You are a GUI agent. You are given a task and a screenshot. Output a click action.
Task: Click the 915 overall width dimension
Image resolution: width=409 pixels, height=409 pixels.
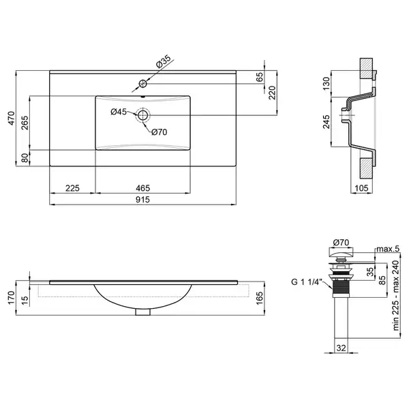click(x=142, y=200)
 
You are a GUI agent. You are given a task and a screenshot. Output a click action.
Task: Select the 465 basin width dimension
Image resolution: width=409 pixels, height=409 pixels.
click(x=142, y=188)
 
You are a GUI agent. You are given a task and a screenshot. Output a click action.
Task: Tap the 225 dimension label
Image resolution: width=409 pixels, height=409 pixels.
click(x=72, y=188)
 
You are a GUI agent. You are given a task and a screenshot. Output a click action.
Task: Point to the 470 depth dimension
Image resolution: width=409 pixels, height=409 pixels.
click(x=12, y=118)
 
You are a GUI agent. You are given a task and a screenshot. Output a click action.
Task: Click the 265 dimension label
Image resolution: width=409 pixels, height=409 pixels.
click(x=25, y=122)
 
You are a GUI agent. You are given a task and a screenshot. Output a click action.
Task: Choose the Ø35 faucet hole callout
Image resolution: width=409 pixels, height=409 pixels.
click(x=163, y=62)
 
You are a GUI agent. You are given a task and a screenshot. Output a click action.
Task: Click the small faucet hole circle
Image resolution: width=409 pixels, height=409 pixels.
click(x=142, y=84)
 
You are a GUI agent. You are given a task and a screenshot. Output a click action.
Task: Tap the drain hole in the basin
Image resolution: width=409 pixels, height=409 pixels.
click(x=142, y=115)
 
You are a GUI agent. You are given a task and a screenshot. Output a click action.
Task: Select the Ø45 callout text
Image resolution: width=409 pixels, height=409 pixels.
click(x=119, y=112)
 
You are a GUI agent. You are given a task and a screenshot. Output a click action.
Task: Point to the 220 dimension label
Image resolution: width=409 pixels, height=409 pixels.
click(x=272, y=93)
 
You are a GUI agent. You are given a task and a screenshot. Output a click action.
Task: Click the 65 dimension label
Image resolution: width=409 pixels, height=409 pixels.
click(x=260, y=77)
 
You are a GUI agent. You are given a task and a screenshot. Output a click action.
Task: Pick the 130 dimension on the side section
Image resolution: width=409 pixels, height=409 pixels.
click(x=327, y=83)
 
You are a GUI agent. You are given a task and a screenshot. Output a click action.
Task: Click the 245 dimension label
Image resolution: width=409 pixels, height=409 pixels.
click(x=327, y=121)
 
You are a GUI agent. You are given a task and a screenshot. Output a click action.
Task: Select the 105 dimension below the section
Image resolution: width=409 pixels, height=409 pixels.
click(x=361, y=188)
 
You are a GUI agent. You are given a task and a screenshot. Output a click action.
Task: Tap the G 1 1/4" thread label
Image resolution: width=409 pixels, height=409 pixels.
click(x=307, y=282)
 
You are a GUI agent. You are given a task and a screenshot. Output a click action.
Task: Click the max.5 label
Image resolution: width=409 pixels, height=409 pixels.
click(x=388, y=249)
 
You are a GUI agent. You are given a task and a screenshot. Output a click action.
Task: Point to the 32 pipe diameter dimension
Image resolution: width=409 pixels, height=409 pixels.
click(x=342, y=348)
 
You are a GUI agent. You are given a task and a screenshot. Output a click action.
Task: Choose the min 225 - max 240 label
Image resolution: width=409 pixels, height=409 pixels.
click(x=396, y=296)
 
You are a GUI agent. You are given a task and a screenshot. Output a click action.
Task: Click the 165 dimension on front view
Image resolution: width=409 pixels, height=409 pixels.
click(x=260, y=298)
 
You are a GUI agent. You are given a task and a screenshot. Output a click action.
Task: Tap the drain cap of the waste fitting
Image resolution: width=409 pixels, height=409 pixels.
click(x=342, y=252)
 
